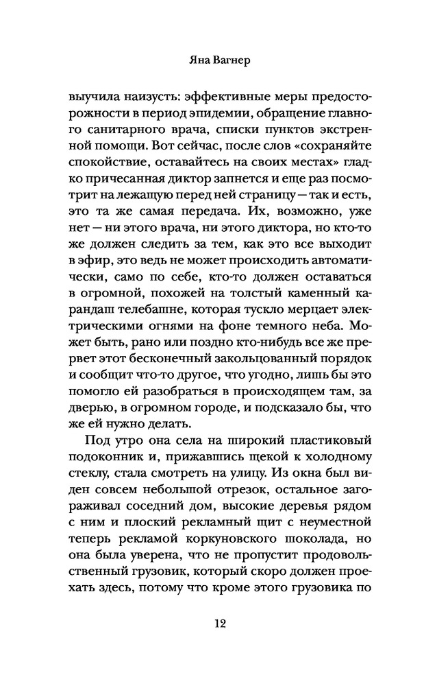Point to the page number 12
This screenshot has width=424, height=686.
(x=212, y=623)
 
